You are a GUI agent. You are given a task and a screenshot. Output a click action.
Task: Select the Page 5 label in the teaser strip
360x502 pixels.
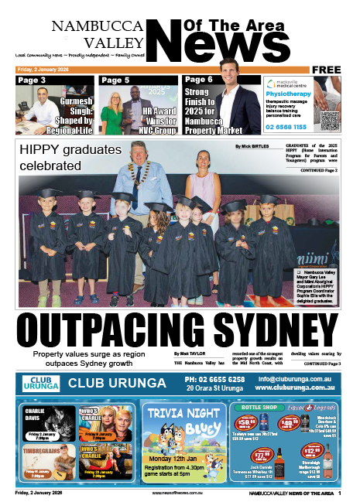pos(115,80)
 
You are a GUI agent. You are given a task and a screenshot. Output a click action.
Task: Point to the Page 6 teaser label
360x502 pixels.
pos(199,80)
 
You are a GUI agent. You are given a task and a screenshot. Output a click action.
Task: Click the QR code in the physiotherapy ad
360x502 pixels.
pos(329,120)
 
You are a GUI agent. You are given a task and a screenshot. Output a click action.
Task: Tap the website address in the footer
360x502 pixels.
pos(180,493)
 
